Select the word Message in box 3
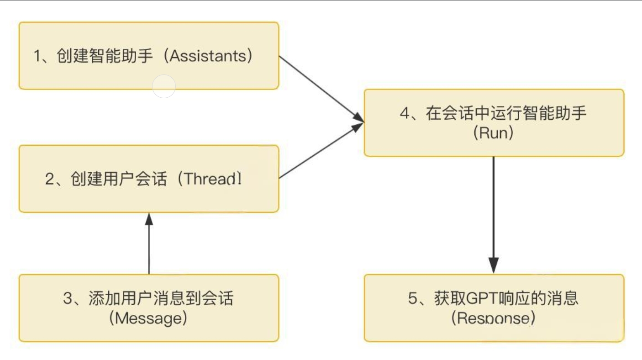[148, 318]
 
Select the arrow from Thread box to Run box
[320, 152]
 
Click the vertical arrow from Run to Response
[494, 210]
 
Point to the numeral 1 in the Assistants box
[38, 56]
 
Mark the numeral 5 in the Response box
[413, 298]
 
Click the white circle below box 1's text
[164, 86]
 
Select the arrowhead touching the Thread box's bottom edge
[149, 219]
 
